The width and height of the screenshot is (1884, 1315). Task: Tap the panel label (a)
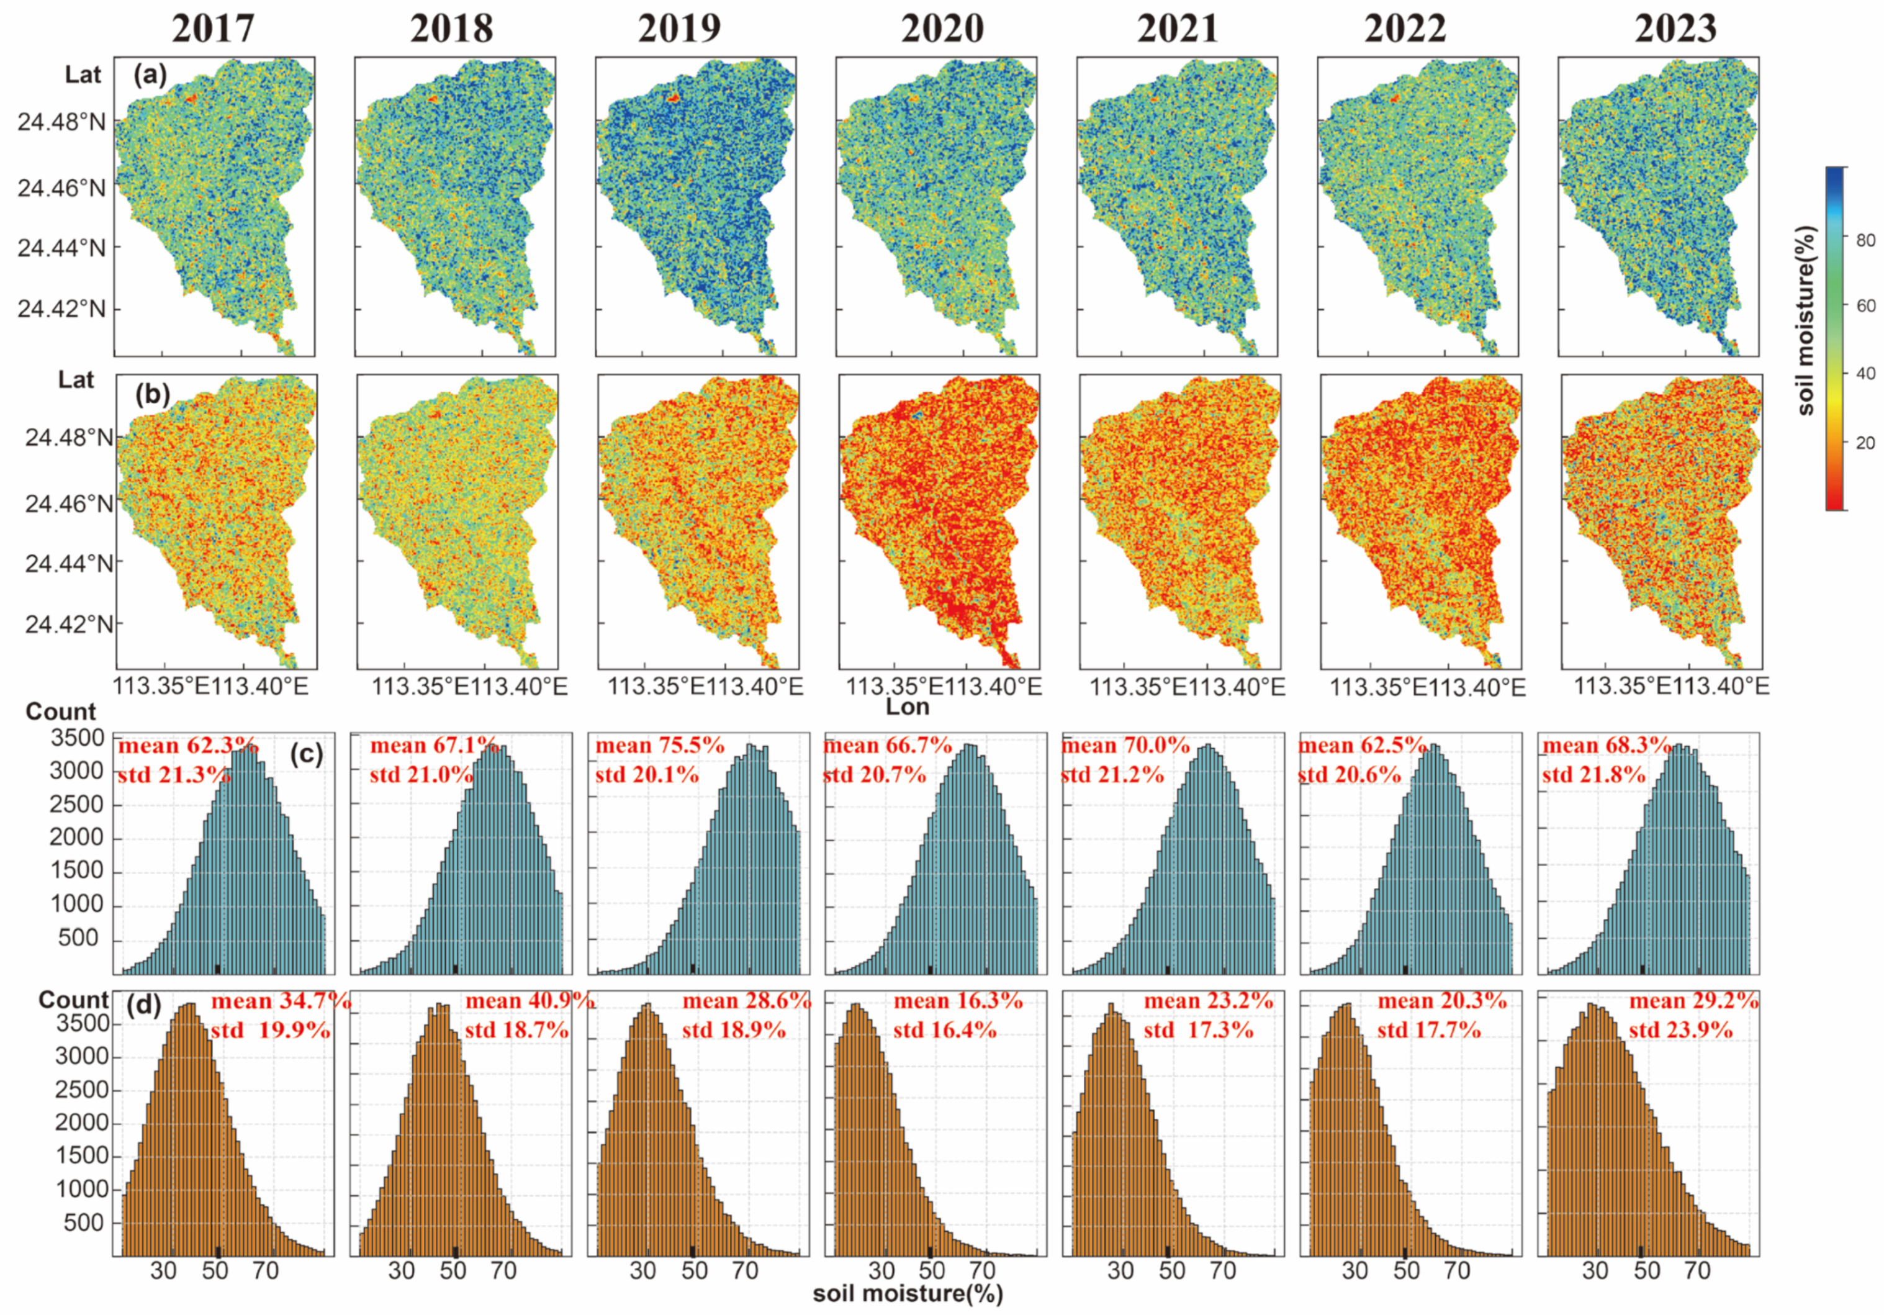[x=150, y=76]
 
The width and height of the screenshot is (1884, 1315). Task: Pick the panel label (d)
[x=145, y=1004]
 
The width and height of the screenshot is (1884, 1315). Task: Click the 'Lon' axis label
[x=908, y=707]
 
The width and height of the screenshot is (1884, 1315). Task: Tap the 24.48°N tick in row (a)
[x=61, y=123]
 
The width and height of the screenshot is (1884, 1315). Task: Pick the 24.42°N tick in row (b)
[x=69, y=624]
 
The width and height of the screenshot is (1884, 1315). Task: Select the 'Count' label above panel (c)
[x=61, y=711]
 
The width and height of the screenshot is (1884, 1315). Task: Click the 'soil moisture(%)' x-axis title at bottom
[x=908, y=1294]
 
